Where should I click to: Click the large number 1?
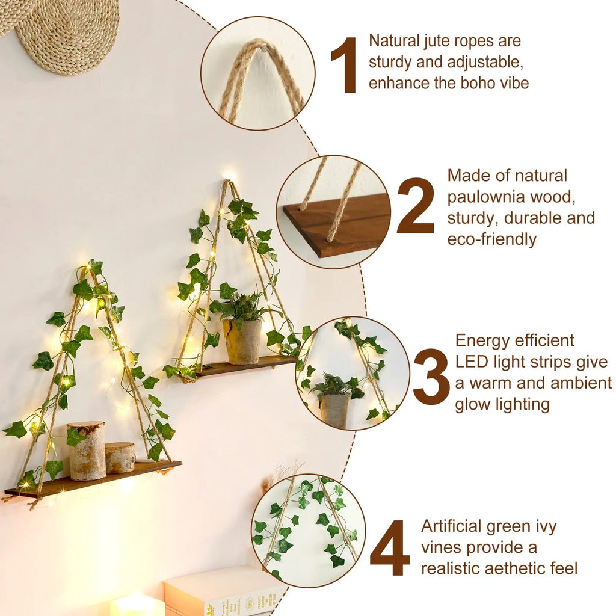tap(345, 65)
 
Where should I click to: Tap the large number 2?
tap(415, 206)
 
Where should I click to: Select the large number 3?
tap(431, 376)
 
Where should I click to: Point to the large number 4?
tap(390, 548)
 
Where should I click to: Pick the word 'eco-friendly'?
tap(491, 239)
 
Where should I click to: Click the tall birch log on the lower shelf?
tap(87, 451)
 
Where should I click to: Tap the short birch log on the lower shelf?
tap(120, 457)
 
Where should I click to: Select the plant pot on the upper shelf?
tap(242, 341)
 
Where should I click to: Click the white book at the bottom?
tap(223, 592)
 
